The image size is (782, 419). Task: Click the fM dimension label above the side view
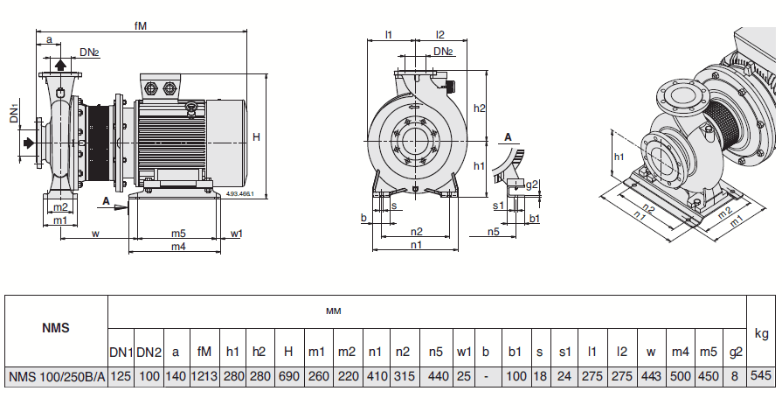click(x=141, y=26)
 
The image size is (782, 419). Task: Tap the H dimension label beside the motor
click(x=256, y=137)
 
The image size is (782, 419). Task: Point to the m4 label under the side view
click(x=178, y=248)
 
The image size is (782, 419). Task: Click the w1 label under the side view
click(x=237, y=234)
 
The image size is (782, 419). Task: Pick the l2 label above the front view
click(x=440, y=36)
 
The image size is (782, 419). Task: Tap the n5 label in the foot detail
click(x=493, y=232)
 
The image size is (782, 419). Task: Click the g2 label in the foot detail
click(x=533, y=185)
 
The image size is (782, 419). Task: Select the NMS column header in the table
click(x=56, y=329)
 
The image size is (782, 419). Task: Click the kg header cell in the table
click(x=761, y=333)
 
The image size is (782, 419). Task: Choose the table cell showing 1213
click(x=204, y=377)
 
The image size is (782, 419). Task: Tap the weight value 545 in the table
click(x=761, y=377)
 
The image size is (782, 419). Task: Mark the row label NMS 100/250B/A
click(x=57, y=377)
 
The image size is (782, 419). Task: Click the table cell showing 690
click(x=287, y=377)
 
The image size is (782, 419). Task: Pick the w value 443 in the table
click(x=650, y=377)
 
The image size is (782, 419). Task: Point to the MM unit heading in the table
click(x=333, y=311)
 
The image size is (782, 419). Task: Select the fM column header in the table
click(x=204, y=352)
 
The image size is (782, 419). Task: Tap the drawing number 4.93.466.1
click(x=239, y=193)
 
